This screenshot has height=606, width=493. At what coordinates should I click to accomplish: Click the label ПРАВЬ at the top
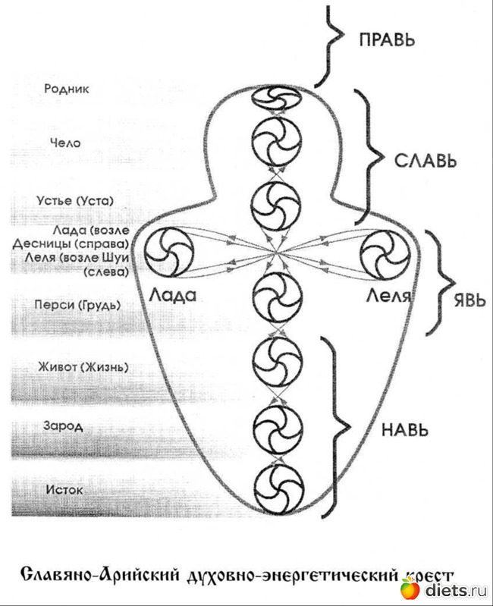tap(387, 39)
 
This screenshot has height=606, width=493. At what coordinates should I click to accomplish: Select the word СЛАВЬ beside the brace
tap(425, 162)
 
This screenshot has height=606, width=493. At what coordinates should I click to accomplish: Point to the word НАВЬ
tap(400, 429)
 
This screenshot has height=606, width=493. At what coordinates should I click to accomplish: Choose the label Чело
tap(66, 143)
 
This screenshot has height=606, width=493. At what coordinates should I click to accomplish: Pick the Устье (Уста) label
tap(75, 201)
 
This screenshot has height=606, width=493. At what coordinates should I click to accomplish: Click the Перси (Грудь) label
tap(78, 305)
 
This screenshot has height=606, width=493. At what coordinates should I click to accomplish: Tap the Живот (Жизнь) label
tap(83, 368)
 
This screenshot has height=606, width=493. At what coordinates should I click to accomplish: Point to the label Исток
tap(64, 490)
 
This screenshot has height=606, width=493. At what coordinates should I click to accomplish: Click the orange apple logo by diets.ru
tap(410, 588)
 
